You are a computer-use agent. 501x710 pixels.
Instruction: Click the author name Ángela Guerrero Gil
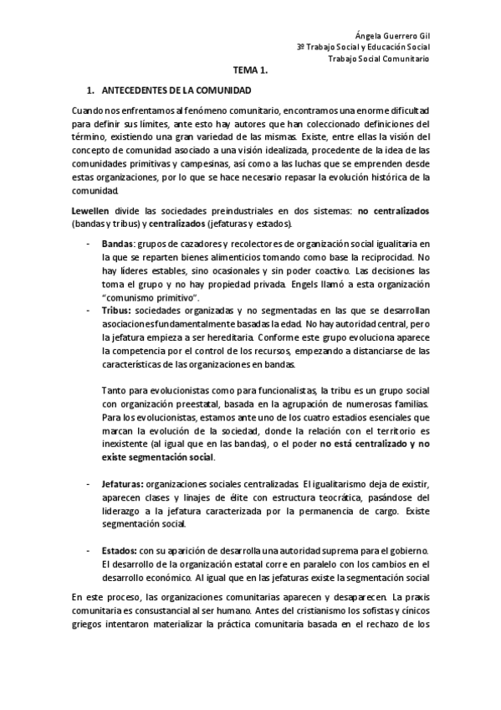[391, 35]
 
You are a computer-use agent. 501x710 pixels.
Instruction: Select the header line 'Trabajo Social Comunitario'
[378, 59]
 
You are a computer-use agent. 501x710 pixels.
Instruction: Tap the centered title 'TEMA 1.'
[250, 73]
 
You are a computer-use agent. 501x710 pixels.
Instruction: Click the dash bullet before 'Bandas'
[89, 242]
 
